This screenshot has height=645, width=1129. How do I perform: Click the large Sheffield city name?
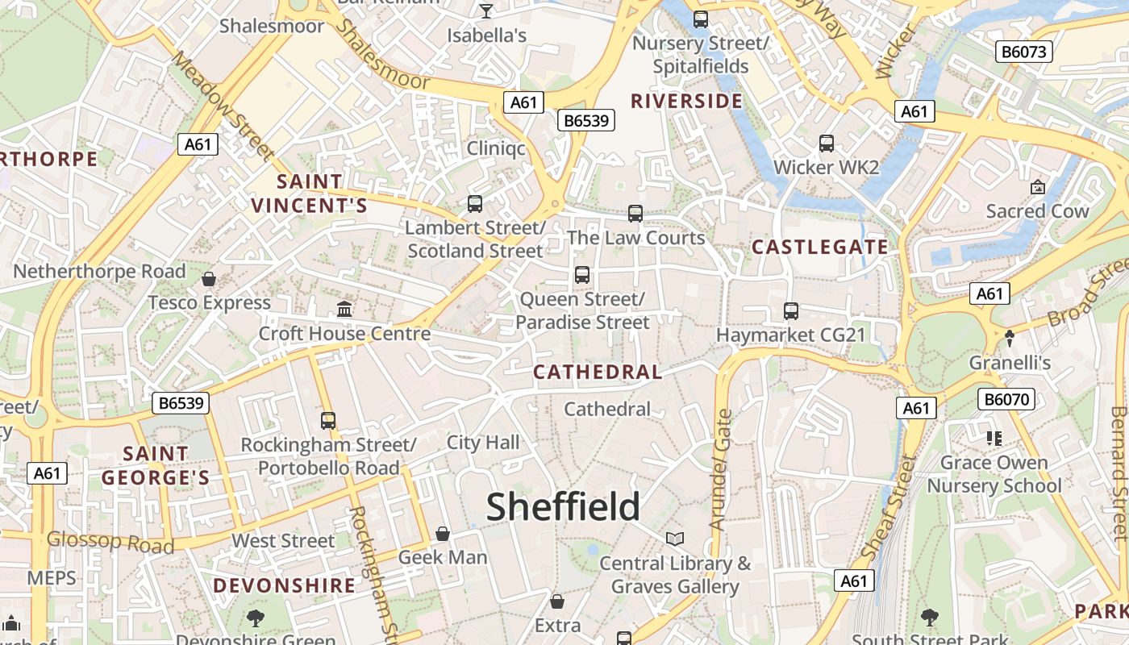(x=563, y=507)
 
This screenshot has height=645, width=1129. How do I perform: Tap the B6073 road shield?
(x=1024, y=52)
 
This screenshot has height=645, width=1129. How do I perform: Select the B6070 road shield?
(x=1006, y=398)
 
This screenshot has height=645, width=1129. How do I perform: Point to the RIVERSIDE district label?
(x=686, y=101)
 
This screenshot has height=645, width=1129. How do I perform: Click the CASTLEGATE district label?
(x=819, y=247)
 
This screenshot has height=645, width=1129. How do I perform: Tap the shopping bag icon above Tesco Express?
(x=209, y=279)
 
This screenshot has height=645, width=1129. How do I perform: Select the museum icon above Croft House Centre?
(x=344, y=309)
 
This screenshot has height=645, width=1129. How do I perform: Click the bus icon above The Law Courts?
(x=635, y=214)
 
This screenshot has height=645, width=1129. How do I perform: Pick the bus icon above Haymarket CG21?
(x=791, y=310)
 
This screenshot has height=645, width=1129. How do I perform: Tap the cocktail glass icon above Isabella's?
(x=486, y=10)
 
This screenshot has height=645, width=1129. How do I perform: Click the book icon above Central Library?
(x=675, y=539)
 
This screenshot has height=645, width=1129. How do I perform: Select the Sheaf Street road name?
(x=889, y=508)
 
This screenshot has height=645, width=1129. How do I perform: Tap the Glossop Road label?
(x=110, y=543)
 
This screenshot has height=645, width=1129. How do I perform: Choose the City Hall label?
(x=483, y=442)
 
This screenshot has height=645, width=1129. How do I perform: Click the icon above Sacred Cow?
(x=1038, y=187)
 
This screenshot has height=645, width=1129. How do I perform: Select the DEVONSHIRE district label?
(x=284, y=585)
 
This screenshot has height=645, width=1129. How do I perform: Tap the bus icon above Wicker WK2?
(x=827, y=144)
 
